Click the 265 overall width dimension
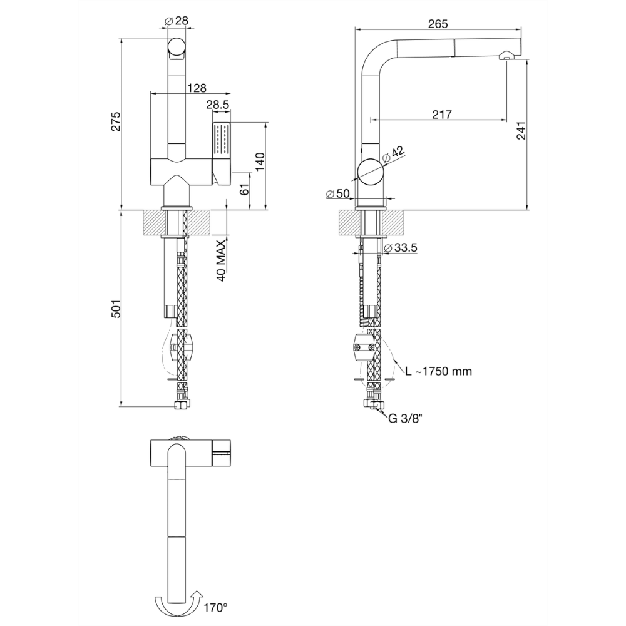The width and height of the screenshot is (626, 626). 438,24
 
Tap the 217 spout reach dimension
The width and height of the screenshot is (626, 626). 442,115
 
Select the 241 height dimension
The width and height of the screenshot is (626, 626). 521,130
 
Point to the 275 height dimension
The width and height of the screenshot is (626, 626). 115,121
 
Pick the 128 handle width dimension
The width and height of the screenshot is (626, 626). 197,88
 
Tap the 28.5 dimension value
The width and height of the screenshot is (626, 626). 218,105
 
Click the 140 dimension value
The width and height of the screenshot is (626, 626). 260,162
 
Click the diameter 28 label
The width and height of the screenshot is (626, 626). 176,21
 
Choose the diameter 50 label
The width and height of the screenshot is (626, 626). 338,193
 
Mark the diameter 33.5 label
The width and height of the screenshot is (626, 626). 400,248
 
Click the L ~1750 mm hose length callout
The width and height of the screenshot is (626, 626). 438,371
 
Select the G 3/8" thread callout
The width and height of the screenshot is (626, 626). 405,418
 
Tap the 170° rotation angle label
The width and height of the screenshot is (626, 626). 215,608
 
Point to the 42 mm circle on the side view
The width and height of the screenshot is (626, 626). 371,172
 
